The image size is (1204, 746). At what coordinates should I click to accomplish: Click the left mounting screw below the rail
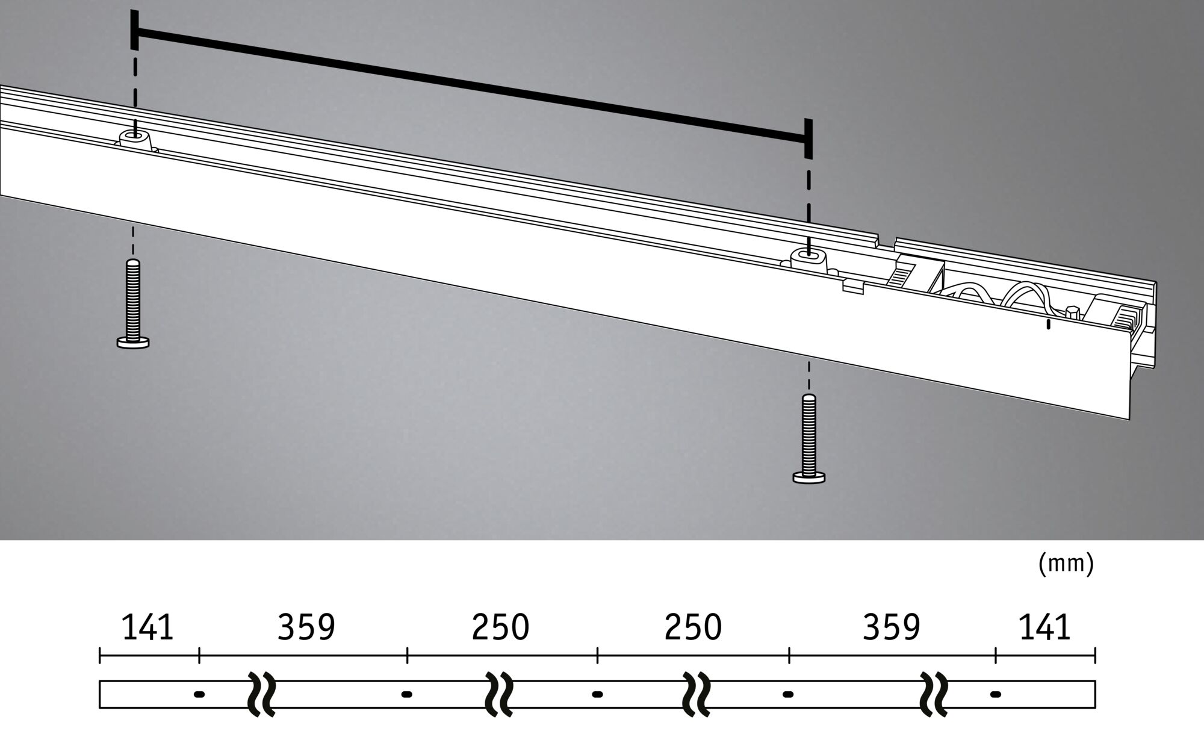pos(133,303)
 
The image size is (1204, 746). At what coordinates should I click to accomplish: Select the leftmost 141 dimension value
pos(147,628)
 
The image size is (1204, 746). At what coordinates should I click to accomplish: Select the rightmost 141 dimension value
pos(1044,628)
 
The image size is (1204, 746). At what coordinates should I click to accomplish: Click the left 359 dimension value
pos(306,628)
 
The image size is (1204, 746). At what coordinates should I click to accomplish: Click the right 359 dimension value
pos(892,628)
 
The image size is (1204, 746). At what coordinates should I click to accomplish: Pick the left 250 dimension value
pos(500,628)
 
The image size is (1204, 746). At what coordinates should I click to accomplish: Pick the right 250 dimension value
pos(693,628)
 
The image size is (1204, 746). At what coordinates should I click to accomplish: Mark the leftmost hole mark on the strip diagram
pos(199,694)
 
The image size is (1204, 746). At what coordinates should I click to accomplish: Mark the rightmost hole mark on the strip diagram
pos(996,694)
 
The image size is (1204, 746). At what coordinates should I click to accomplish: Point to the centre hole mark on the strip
pos(597,694)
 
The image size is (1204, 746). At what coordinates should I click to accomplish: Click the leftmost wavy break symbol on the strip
pos(262,694)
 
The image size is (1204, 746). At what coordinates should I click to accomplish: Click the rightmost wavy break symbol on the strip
pos(935,694)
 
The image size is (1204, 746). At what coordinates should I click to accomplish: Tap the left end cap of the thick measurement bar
pos(134,30)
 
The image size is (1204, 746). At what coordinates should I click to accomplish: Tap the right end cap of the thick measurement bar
pos(808,138)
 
